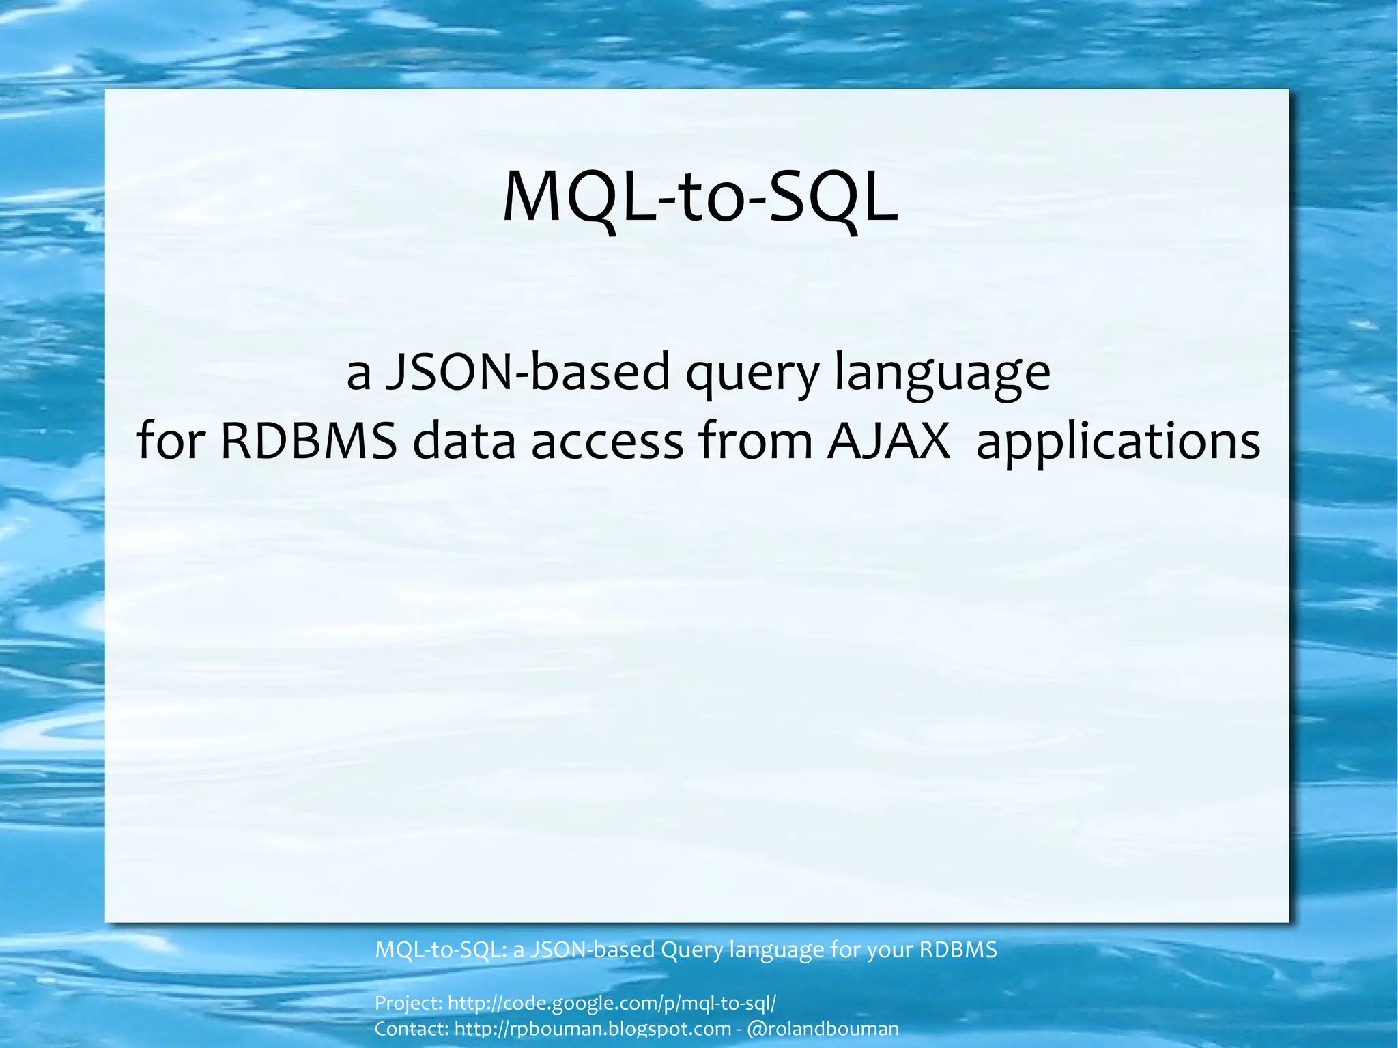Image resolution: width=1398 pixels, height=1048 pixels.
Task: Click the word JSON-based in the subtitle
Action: point(528,373)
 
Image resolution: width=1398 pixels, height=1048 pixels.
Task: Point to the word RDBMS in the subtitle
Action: point(309,441)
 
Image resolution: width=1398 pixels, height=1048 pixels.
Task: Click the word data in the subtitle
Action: point(463,441)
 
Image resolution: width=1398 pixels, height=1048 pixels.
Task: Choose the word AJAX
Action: point(888,441)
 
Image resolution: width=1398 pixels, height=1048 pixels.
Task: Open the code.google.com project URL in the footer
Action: point(612,1003)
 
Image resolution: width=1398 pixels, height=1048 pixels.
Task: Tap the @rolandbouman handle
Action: point(823,1029)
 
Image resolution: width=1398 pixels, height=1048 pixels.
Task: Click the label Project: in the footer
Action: point(408,1003)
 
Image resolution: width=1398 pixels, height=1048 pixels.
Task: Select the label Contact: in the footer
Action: point(412,1029)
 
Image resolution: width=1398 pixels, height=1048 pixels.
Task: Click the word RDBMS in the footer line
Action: point(958,950)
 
